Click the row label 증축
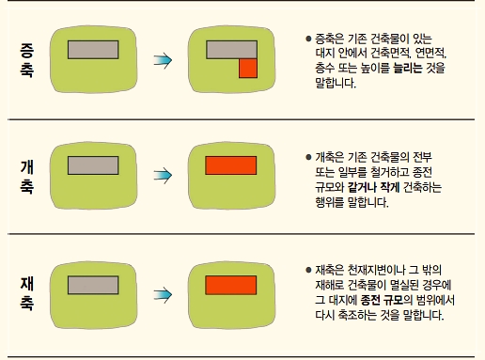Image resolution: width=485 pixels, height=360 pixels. (x=26, y=60)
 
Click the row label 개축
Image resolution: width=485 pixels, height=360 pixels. (x=26, y=177)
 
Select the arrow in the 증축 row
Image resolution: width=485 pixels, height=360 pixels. (x=163, y=60)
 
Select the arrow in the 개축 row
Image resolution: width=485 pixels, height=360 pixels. (x=163, y=176)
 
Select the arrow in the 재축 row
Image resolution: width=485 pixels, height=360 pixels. (x=163, y=292)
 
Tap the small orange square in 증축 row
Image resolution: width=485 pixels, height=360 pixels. (x=247, y=68)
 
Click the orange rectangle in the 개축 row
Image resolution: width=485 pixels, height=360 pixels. (x=230, y=166)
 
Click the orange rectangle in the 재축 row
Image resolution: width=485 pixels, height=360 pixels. (x=230, y=284)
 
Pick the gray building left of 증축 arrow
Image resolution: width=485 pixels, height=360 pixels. (x=92, y=49)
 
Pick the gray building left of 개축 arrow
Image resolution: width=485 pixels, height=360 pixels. (x=92, y=166)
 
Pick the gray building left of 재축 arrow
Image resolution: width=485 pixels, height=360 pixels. (x=92, y=284)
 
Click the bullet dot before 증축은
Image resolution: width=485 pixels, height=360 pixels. (x=307, y=39)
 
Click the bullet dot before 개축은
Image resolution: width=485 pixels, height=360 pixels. (x=307, y=157)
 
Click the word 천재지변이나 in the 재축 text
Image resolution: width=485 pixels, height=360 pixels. (x=369, y=270)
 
